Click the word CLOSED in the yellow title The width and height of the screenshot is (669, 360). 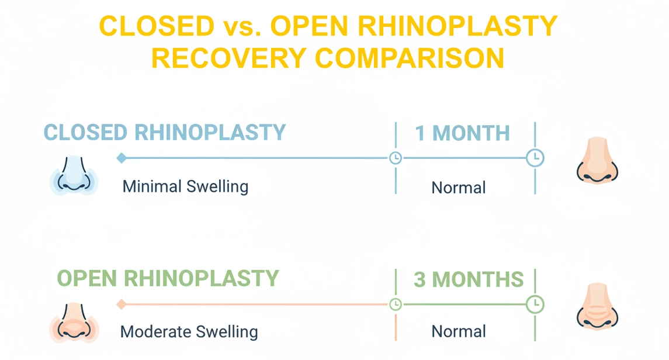point(156,26)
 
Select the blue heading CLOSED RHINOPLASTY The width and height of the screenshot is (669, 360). point(165,133)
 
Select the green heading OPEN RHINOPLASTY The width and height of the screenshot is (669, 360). point(168,278)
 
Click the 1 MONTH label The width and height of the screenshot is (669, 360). point(462,133)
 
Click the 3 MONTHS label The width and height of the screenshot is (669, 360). point(469,279)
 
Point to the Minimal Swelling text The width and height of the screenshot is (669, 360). point(185,187)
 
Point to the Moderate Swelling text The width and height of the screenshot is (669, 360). point(189,332)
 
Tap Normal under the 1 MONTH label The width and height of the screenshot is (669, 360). point(459,188)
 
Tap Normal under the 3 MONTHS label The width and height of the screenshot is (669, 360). point(459,332)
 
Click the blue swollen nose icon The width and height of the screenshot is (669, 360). point(74,174)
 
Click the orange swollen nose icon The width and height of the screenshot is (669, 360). point(74,322)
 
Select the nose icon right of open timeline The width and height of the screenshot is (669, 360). point(596,307)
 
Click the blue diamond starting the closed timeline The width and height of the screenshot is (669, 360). point(122,158)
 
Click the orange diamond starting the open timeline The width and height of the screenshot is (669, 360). point(122,304)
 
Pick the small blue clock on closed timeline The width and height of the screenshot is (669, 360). point(396,158)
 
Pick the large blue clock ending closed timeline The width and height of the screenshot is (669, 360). point(535,158)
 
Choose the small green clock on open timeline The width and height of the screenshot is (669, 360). point(396,304)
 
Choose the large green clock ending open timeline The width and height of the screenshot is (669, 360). point(535,304)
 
